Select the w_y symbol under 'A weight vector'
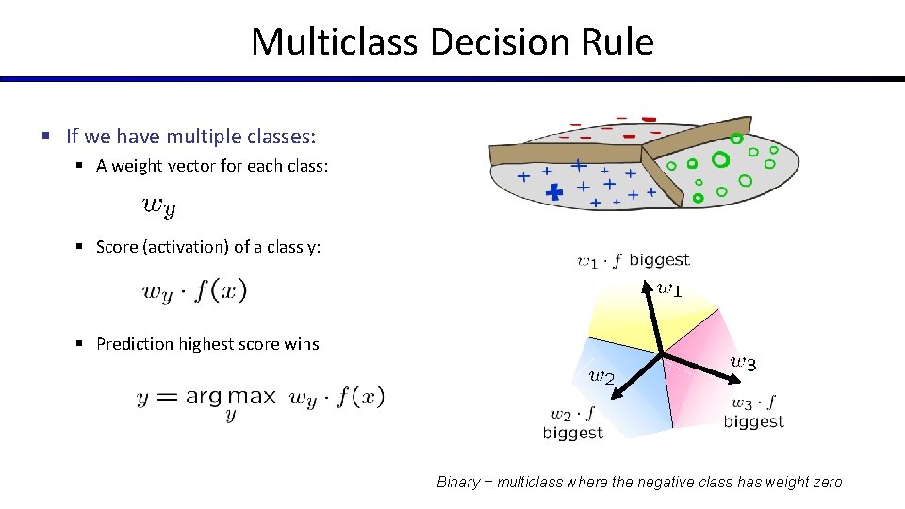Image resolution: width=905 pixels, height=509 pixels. coord(158,205)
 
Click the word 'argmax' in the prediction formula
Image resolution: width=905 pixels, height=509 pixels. coord(230,397)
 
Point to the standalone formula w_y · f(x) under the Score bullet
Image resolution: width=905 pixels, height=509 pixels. coord(194,290)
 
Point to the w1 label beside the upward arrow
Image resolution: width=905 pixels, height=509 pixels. coord(669,289)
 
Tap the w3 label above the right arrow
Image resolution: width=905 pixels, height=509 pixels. coord(743,362)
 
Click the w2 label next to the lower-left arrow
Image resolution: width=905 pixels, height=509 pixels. coord(601,376)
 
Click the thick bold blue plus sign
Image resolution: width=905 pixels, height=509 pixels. coord(554,192)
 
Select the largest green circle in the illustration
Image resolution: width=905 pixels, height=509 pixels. coord(720,158)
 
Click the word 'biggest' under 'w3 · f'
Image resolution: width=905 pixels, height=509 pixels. coord(753,421)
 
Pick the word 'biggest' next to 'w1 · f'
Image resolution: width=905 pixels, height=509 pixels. coord(659,259)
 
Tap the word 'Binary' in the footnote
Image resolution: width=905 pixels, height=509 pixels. coord(459,482)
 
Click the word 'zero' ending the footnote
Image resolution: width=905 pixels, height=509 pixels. coord(825,482)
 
